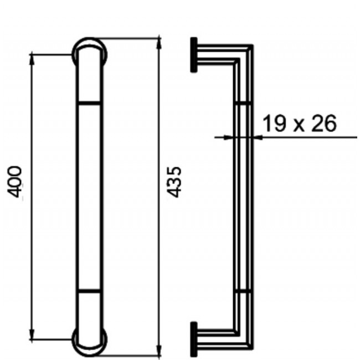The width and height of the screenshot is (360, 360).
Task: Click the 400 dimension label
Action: [x=16, y=181]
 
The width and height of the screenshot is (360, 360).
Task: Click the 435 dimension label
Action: [x=174, y=181]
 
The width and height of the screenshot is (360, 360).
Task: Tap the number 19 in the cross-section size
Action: [x=272, y=124]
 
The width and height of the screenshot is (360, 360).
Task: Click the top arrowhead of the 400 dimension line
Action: [x=32, y=58]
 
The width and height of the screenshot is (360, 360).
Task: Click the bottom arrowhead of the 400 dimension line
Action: [x=32, y=336]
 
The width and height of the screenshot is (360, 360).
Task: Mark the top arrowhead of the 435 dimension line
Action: [x=160, y=42]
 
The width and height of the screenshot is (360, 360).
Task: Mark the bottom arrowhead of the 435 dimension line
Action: [x=160, y=351]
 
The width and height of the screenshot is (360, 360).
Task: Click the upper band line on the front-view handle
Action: [x=89, y=102]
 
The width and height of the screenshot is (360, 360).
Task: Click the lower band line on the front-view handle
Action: [x=89, y=290]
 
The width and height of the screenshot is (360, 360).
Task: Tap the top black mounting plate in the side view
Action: [x=194, y=55]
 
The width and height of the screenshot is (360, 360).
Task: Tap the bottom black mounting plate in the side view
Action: [x=194, y=337]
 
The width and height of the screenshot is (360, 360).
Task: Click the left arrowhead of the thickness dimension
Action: [x=228, y=136]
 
